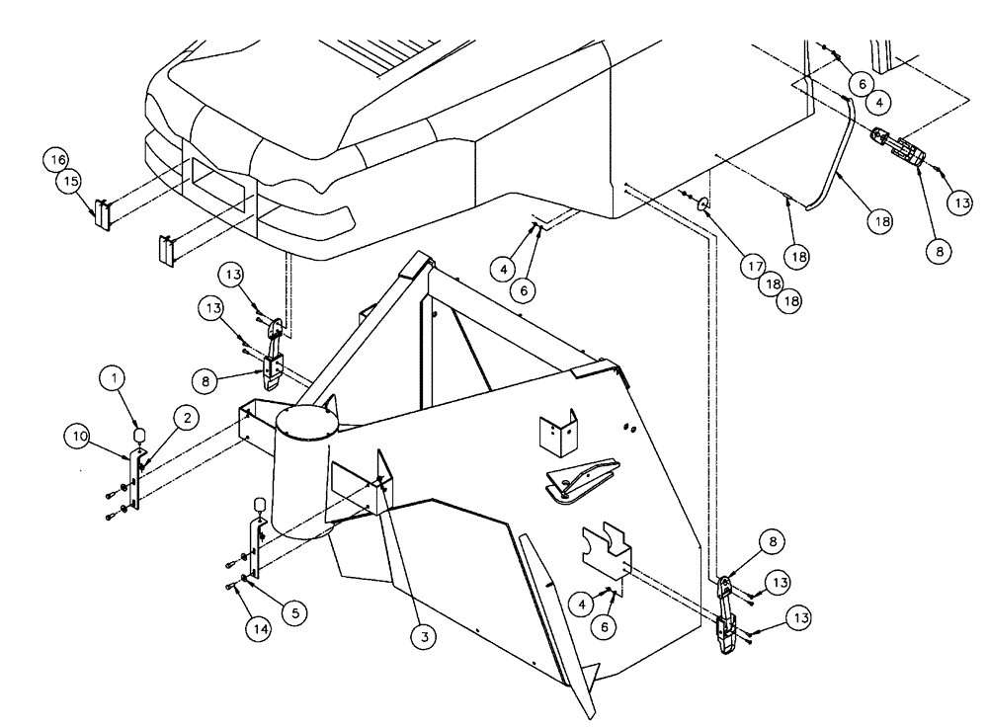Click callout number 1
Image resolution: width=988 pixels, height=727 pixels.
(115, 377)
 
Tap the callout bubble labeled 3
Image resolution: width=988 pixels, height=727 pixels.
(424, 638)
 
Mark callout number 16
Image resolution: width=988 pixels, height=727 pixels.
(56, 160)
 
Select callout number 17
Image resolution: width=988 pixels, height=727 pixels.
(754, 265)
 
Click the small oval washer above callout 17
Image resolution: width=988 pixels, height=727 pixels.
(702, 203)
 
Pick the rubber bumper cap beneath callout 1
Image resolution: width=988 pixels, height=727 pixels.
(139, 433)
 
